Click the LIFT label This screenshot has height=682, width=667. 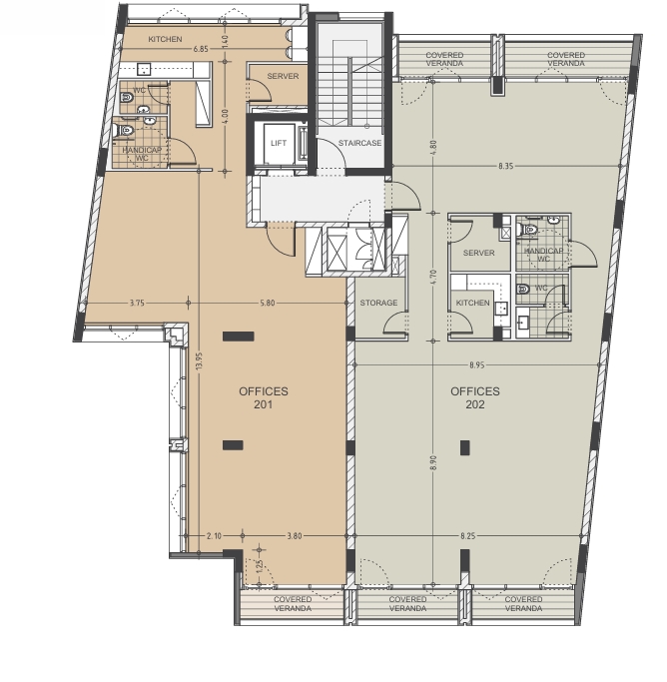[x=279, y=143]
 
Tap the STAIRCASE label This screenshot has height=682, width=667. [x=360, y=143]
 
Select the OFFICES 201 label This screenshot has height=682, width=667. [x=264, y=398]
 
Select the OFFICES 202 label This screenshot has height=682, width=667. [x=475, y=398]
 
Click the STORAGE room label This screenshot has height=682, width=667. [x=378, y=303]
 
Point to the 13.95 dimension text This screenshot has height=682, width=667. [x=199, y=361]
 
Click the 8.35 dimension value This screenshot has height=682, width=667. [x=506, y=166]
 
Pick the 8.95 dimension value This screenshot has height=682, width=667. [x=477, y=364]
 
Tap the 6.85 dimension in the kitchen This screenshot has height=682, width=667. [x=201, y=49]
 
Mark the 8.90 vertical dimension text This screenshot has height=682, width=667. [x=433, y=462]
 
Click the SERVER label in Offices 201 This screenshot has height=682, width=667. [x=283, y=76]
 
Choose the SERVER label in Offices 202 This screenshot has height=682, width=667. [x=478, y=253]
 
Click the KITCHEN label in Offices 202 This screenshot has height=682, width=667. [x=473, y=303]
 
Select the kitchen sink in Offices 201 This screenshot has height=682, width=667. [x=144, y=69]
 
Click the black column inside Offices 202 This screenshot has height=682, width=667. [x=465, y=447]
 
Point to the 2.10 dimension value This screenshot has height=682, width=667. [x=214, y=536]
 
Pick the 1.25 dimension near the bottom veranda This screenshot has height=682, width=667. [x=260, y=566]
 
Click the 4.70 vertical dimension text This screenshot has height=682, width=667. [x=433, y=277]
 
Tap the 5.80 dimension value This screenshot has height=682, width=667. [x=268, y=303]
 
